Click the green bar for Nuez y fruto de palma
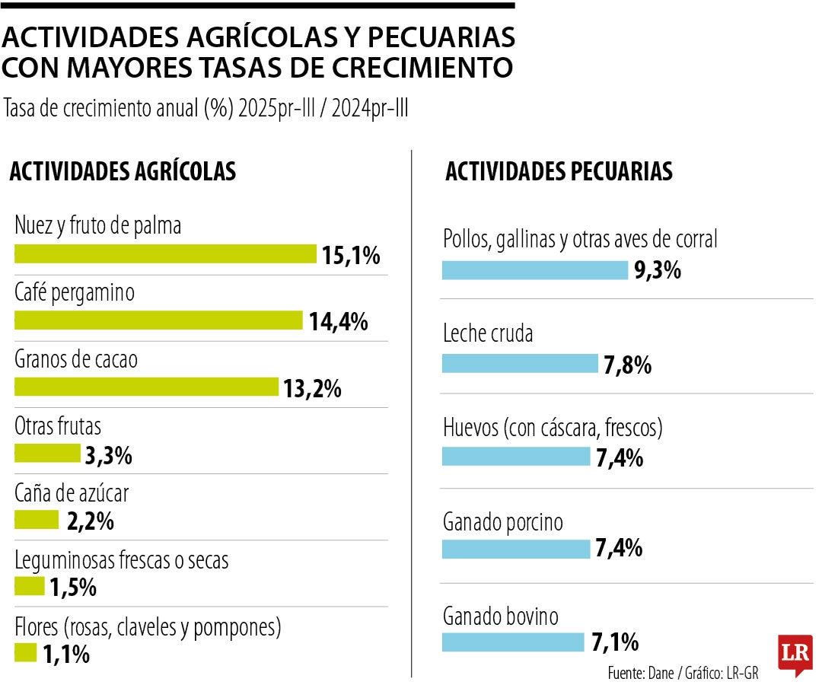coord(165,254)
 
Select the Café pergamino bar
coord(158,320)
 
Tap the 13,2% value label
coord(312,389)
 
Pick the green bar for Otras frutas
coord(47,454)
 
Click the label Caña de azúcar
coord(72,493)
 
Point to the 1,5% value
coord(73,588)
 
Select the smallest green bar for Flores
coord(25,653)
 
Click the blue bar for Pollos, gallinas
coord(534,270)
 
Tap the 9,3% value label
coord(658,270)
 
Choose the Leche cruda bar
coord(520,364)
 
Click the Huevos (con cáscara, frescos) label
coord(553,428)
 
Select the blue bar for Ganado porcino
coord(515,549)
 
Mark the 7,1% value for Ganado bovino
coord(614,643)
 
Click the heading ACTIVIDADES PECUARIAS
coord(559,171)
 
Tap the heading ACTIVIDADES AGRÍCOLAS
coord(123,171)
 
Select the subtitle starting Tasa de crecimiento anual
coord(205,109)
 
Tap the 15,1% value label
coord(350,256)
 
